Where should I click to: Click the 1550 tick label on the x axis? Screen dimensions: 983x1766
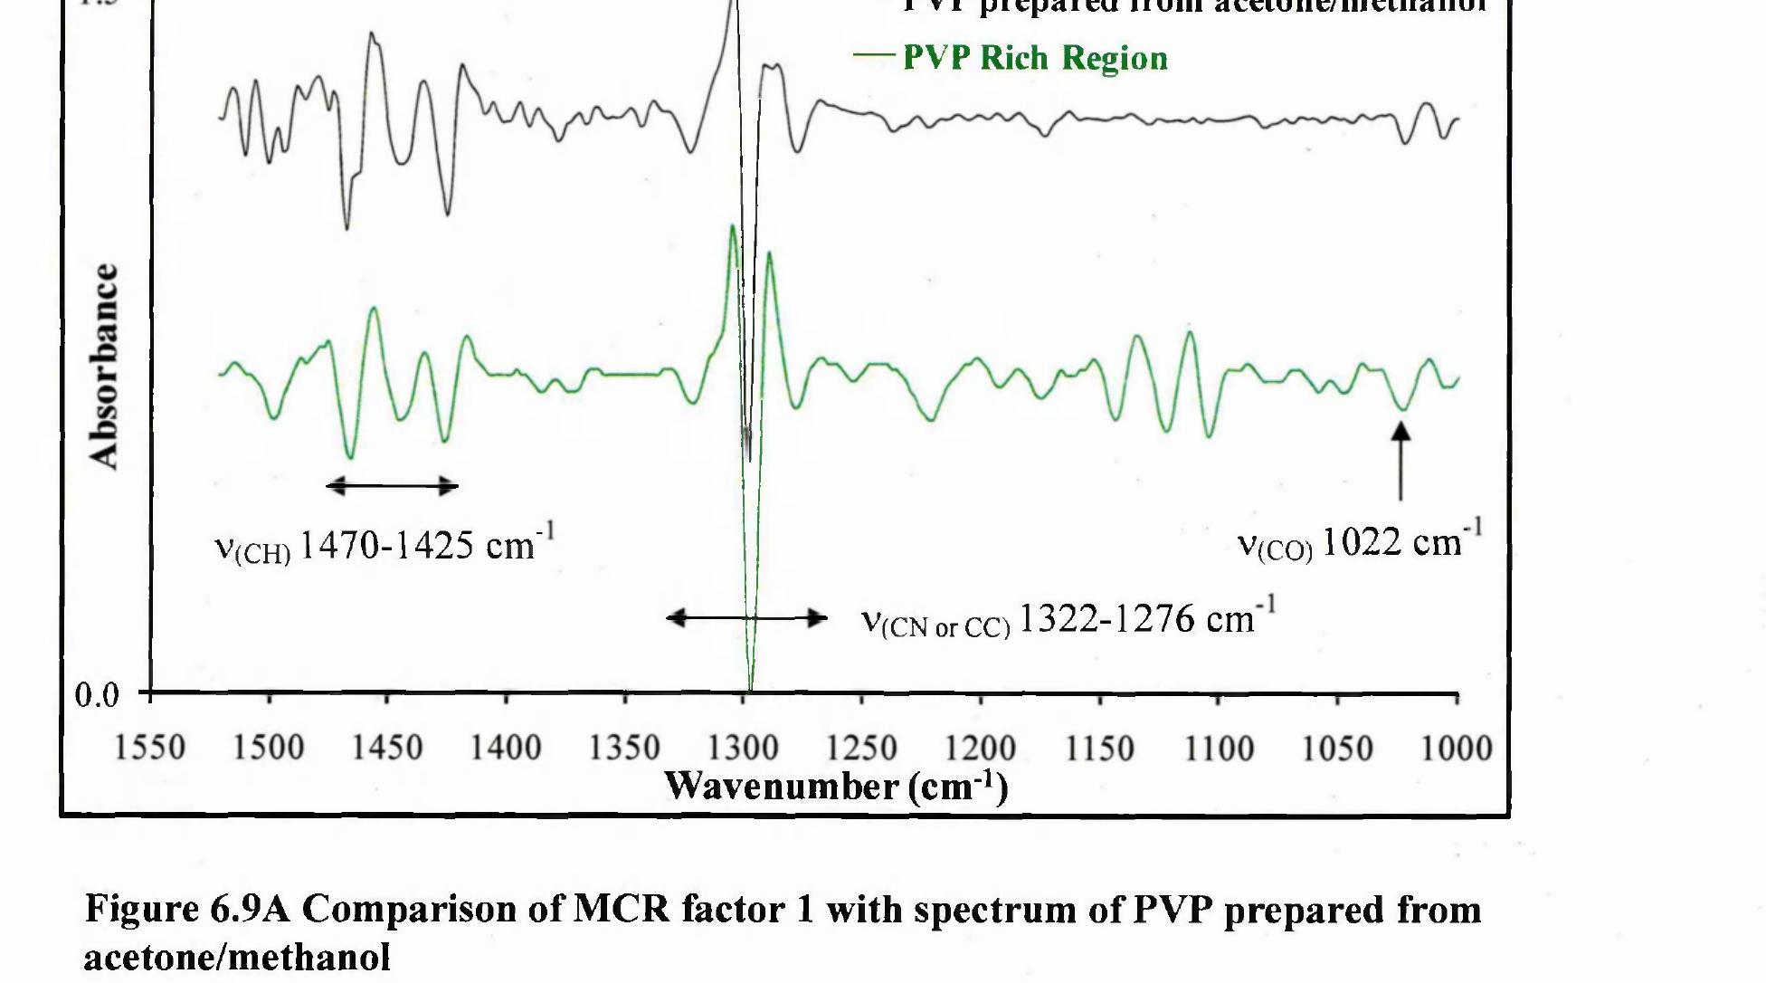click(x=150, y=749)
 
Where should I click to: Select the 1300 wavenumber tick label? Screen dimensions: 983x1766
click(x=743, y=749)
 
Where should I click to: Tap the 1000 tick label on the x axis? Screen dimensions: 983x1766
click(x=1456, y=749)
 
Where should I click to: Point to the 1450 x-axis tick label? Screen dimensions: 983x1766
click(x=387, y=749)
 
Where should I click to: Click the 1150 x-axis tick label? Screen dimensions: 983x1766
click(x=1099, y=749)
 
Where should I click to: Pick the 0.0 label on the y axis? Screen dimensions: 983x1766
click(x=97, y=695)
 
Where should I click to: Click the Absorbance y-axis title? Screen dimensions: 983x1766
click(x=105, y=366)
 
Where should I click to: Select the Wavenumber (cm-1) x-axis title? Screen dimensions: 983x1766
click(x=836, y=786)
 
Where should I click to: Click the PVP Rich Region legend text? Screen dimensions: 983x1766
click(x=1035, y=58)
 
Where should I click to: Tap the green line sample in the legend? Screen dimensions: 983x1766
click(x=873, y=55)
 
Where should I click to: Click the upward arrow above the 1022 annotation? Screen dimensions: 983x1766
click(x=1400, y=462)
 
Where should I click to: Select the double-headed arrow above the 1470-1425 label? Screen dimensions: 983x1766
click(x=392, y=486)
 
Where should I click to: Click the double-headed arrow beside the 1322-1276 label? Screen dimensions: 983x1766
click(x=746, y=618)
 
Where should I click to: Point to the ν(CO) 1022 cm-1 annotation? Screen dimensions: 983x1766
click(x=1360, y=542)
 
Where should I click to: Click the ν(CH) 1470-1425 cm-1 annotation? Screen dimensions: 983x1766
click(x=385, y=545)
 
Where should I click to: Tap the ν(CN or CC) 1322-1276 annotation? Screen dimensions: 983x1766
click(x=1068, y=620)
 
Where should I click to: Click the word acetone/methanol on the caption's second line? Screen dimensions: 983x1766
click(x=237, y=957)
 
